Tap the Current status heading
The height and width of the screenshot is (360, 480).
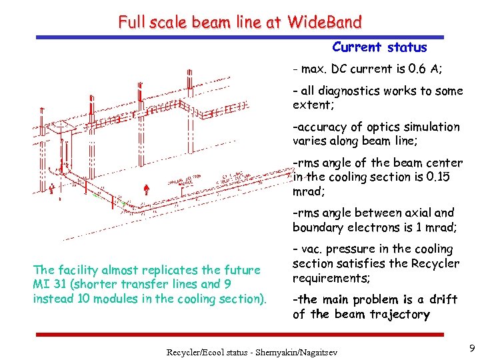point(379,47)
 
